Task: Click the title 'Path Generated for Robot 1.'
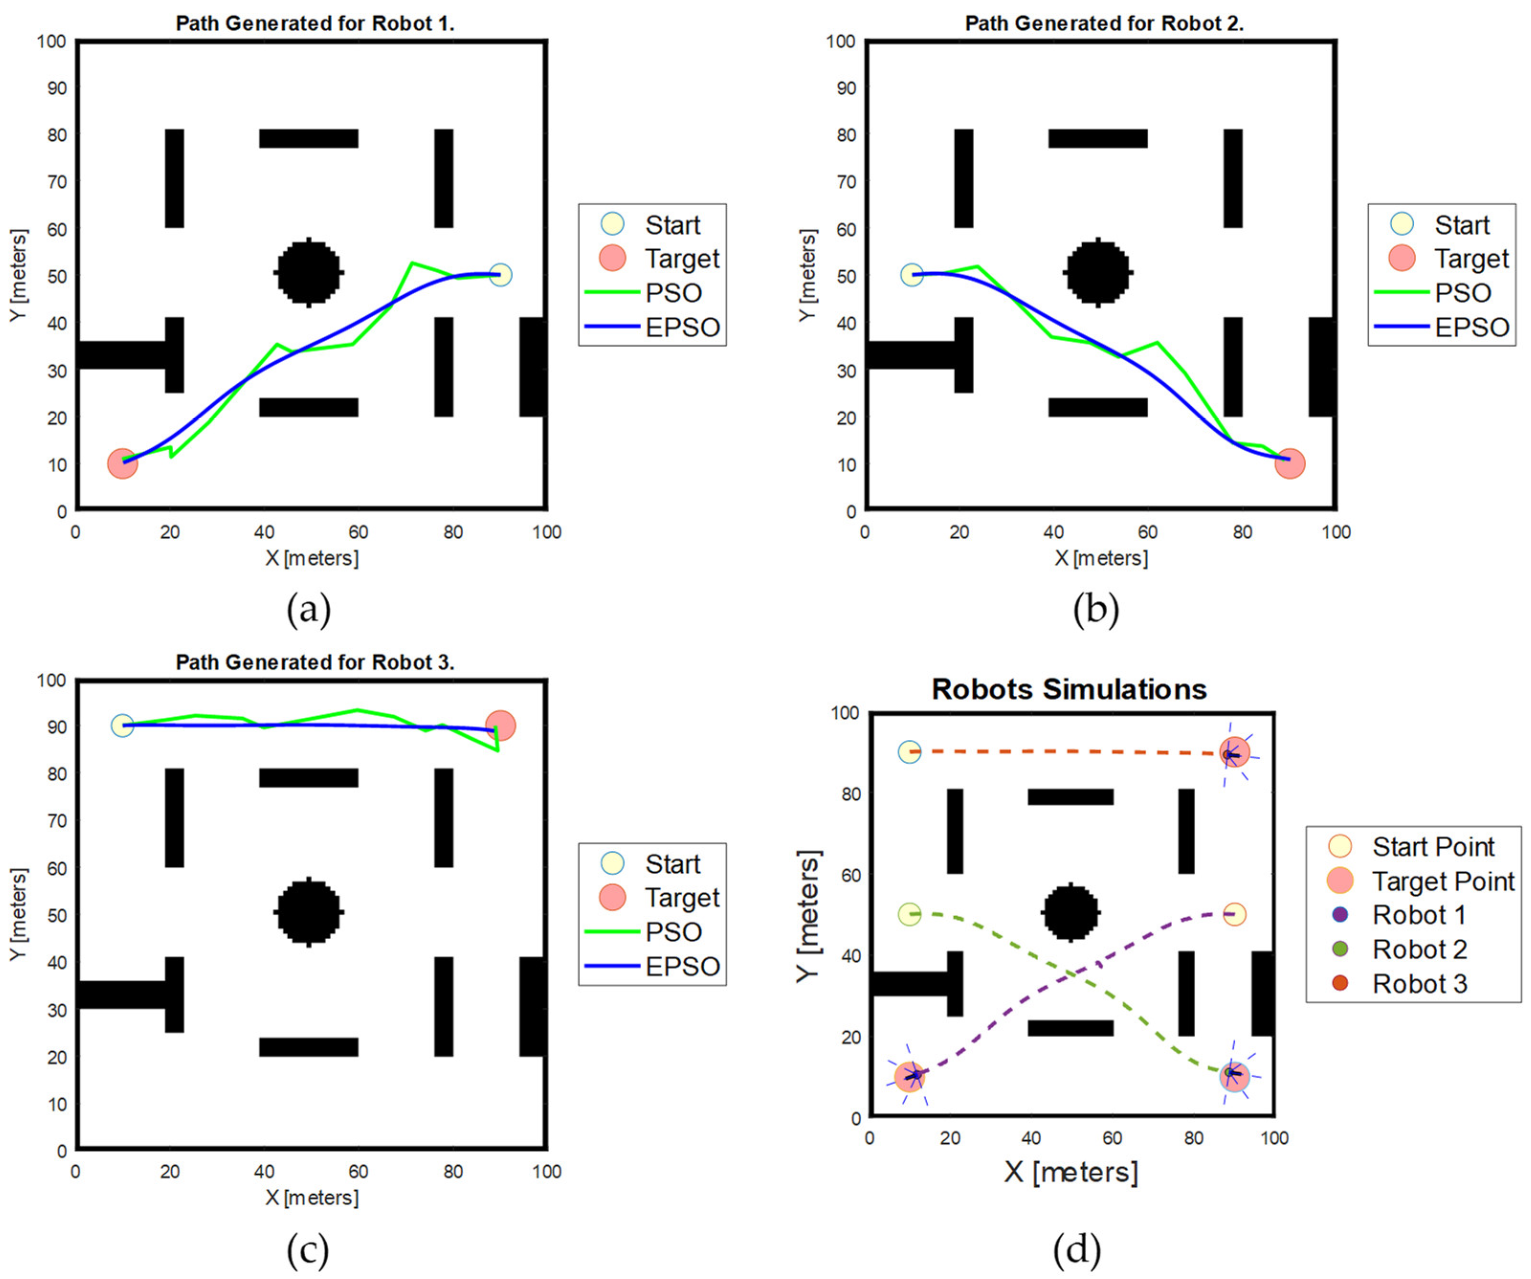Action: tap(315, 23)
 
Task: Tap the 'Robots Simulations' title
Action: tap(1069, 689)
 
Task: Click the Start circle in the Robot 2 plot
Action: tap(911, 275)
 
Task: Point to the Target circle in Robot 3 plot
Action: tap(500, 725)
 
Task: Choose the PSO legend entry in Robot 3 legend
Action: tap(653, 931)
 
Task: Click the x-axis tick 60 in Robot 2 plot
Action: tap(1147, 532)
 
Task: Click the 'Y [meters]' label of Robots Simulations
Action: tap(808, 915)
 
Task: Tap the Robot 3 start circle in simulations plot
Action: tap(909, 752)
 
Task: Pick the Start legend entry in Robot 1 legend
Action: tap(653, 224)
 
